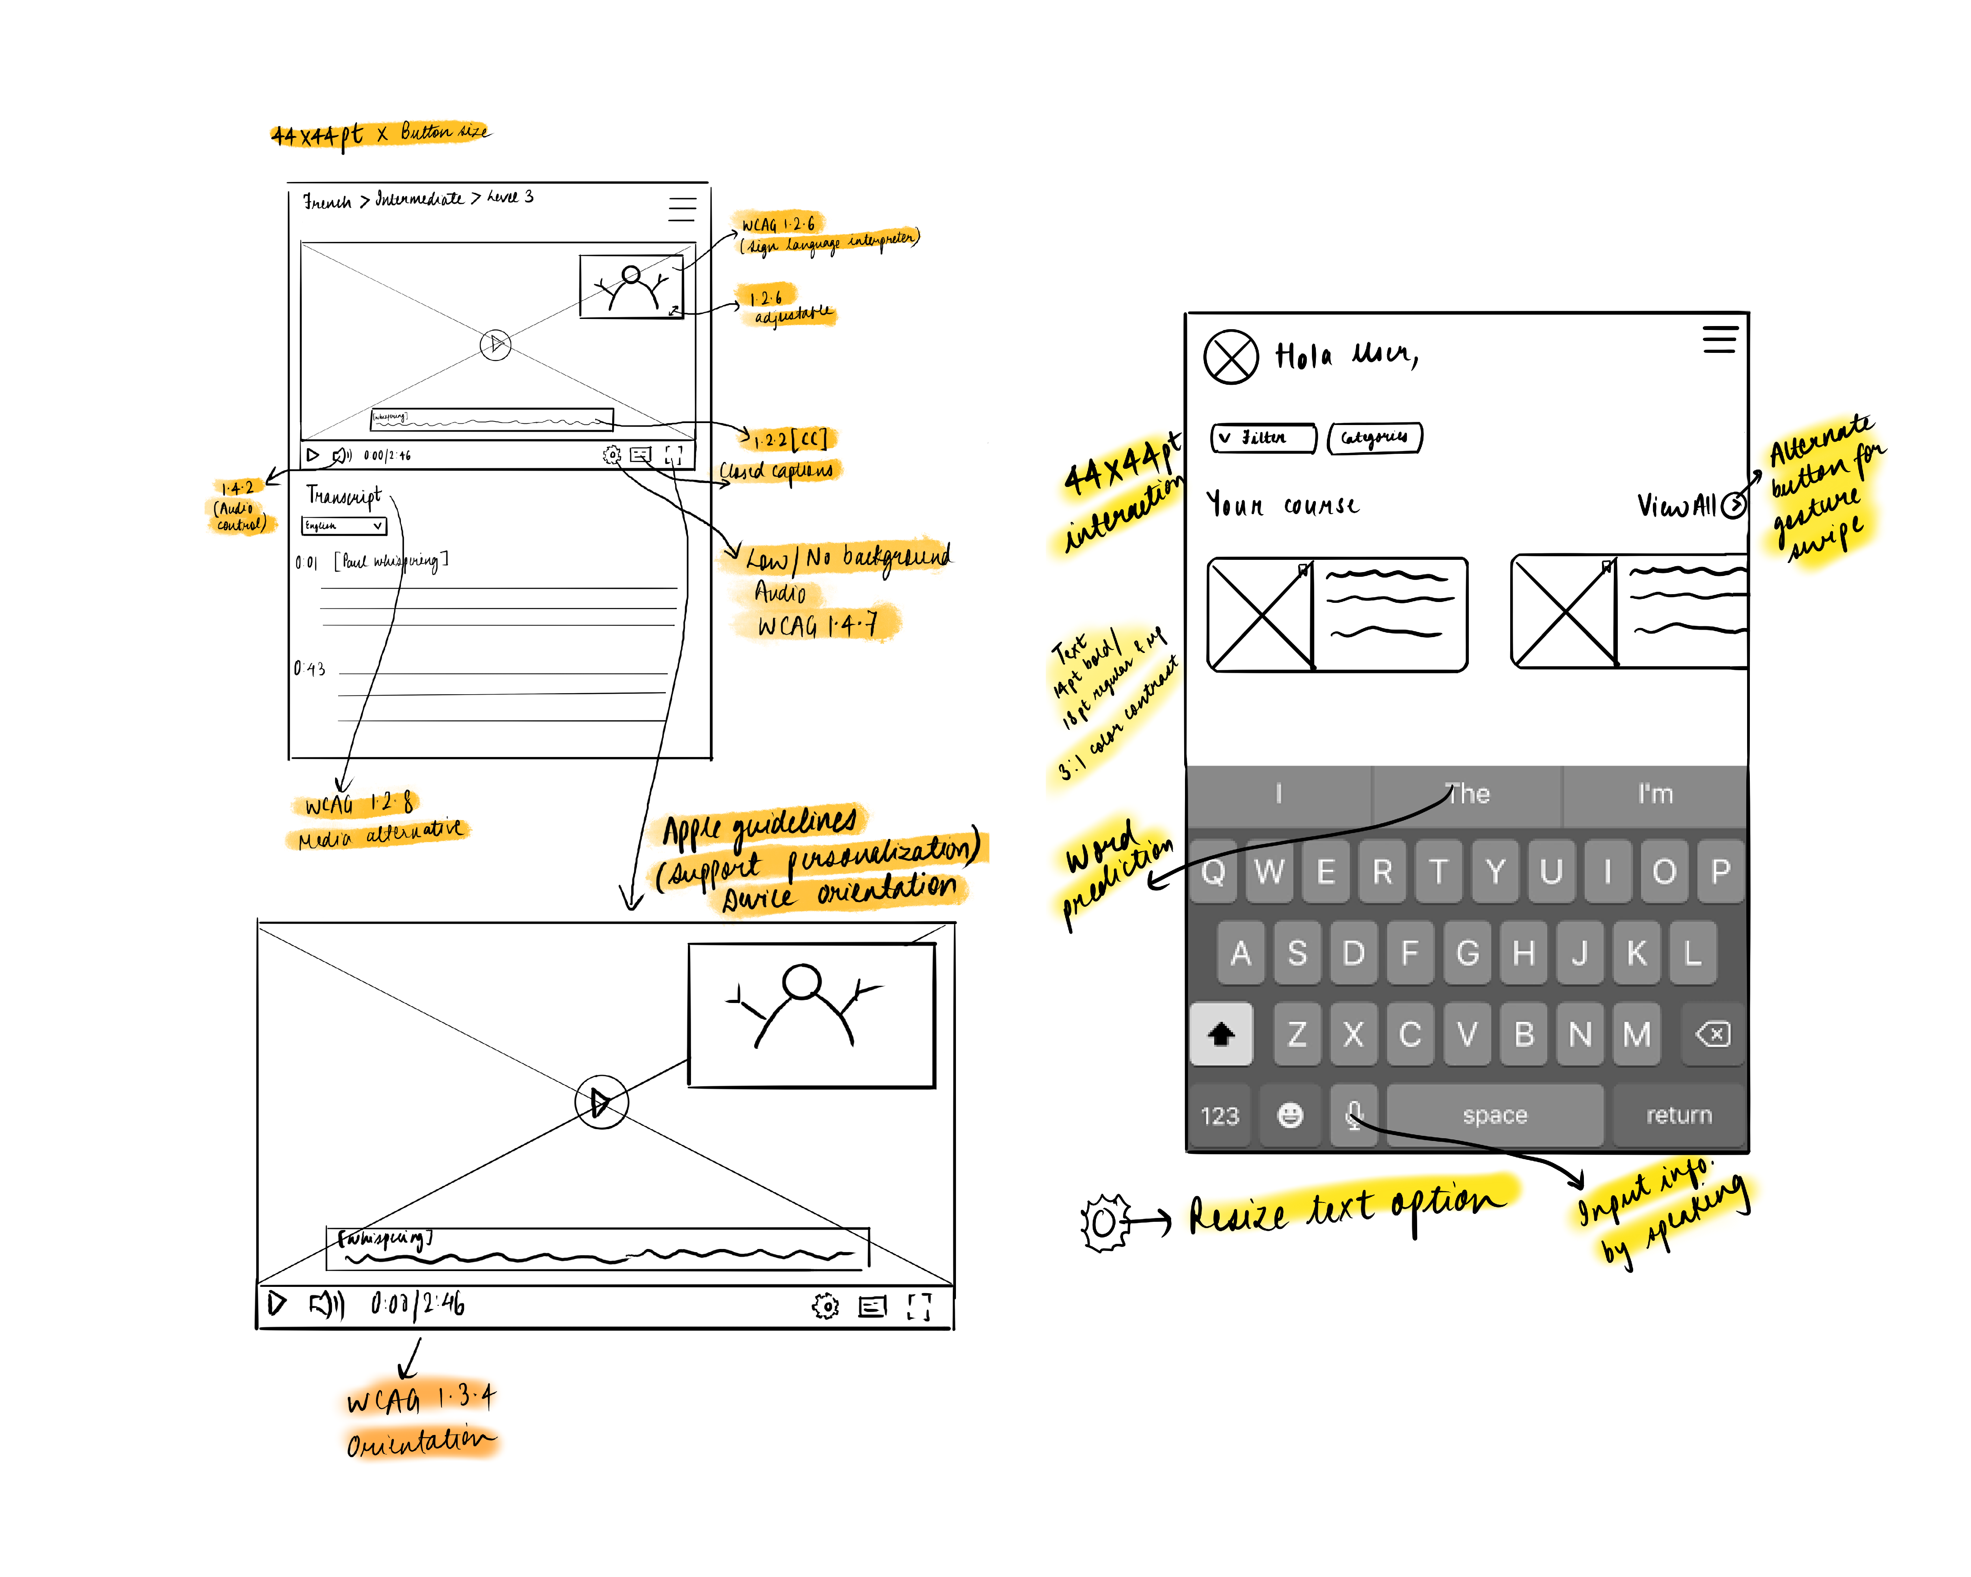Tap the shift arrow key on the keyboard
[x=1221, y=1034]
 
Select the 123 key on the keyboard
[x=1220, y=1115]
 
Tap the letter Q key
[x=1213, y=871]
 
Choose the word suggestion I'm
[x=1655, y=794]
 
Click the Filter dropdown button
[x=1263, y=438]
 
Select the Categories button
[x=1374, y=438]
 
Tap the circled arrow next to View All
[x=1733, y=505]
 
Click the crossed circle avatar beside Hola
[x=1231, y=356]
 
